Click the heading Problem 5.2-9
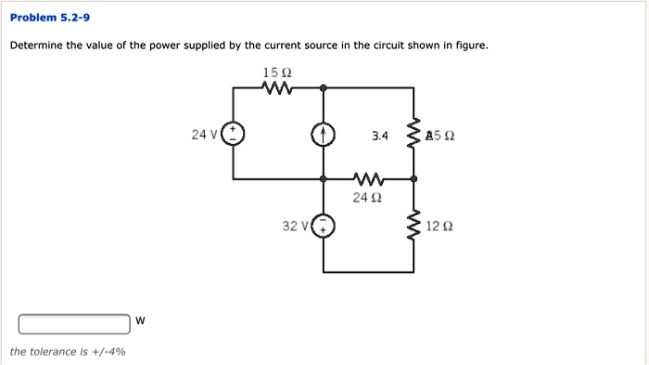[50, 18]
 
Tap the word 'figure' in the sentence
[466, 46]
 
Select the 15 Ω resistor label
[277, 72]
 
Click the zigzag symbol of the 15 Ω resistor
[278, 89]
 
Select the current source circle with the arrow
[323, 136]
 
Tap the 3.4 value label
[380, 137]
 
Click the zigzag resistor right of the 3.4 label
[414, 136]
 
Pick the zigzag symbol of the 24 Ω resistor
[367, 178]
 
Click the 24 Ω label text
[367, 197]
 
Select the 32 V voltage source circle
[323, 226]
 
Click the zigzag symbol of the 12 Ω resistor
[414, 225]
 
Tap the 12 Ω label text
[441, 226]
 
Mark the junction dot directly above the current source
[323, 89]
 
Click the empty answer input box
[75, 322]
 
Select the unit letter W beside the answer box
[140, 321]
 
